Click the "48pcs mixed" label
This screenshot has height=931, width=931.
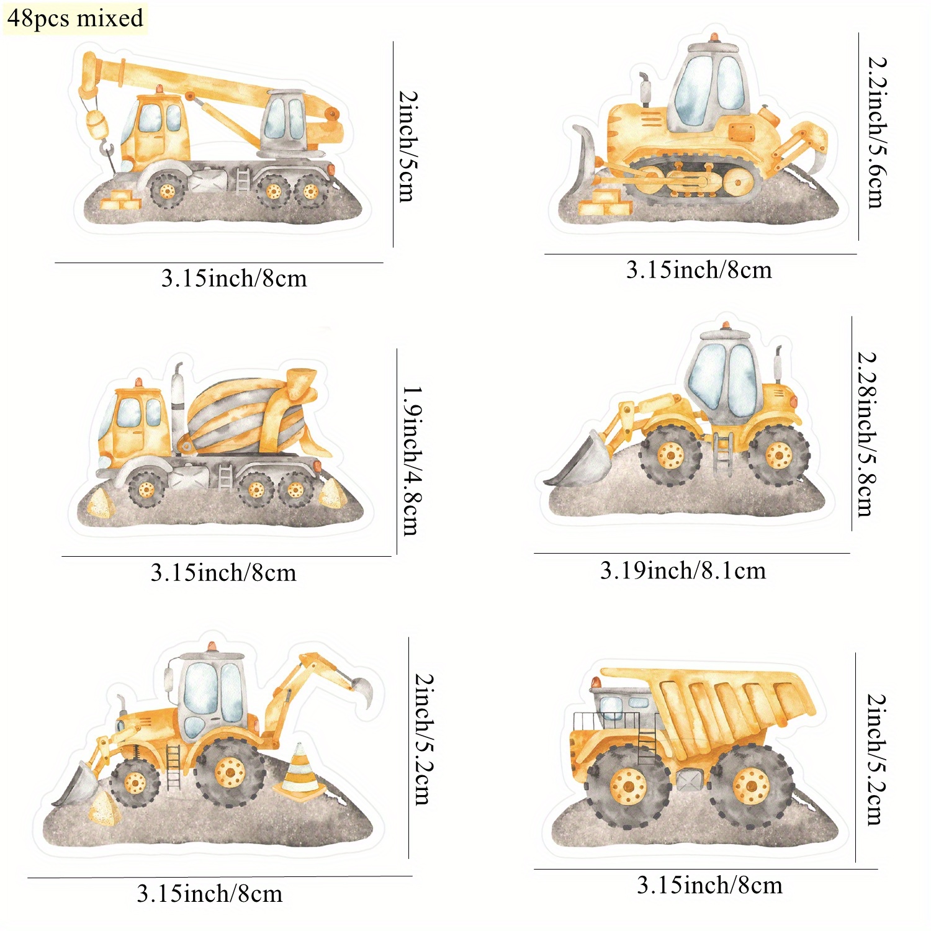pyautogui.click(x=75, y=18)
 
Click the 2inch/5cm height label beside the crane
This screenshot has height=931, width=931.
pyautogui.click(x=408, y=146)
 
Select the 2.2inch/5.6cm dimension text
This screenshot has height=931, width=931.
pyautogui.click(x=877, y=132)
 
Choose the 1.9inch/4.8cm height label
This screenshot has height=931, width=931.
pyautogui.click(x=413, y=461)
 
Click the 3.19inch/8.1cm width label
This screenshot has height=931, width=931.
pyautogui.click(x=683, y=570)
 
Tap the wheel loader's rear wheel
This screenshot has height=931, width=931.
pyautogui.click(x=778, y=456)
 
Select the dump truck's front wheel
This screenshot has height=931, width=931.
pyautogui.click(x=628, y=787)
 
